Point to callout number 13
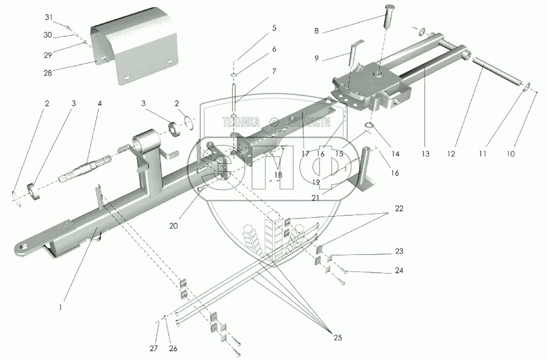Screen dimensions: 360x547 [x=425, y=154]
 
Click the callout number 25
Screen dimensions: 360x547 [x=337, y=338]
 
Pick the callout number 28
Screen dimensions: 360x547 [x=47, y=73]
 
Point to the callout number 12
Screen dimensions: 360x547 [x=451, y=154]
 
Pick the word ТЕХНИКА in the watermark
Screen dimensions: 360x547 [x=241, y=122]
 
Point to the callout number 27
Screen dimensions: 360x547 [x=154, y=348]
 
